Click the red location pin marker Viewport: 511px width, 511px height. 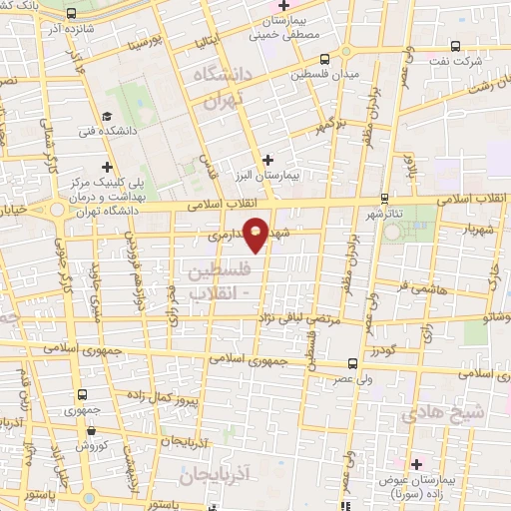pyautogui.click(x=255, y=235)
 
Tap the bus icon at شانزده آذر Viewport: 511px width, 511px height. pyautogui.click(x=72, y=15)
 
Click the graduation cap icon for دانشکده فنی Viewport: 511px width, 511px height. pyautogui.click(x=107, y=117)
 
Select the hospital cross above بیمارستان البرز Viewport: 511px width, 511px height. pyautogui.click(x=267, y=160)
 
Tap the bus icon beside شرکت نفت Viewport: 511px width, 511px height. pyautogui.click(x=456, y=46)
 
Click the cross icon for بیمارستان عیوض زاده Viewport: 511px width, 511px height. pyautogui.click(x=416, y=464)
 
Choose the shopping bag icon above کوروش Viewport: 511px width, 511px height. pyautogui.click(x=91, y=430)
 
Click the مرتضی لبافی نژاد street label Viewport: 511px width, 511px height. pyautogui.click(x=299, y=318)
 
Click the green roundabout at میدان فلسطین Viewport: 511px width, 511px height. pyautogui.click(x=345, y=52)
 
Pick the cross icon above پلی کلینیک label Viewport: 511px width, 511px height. pyautogui.click(x=107, y=166)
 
